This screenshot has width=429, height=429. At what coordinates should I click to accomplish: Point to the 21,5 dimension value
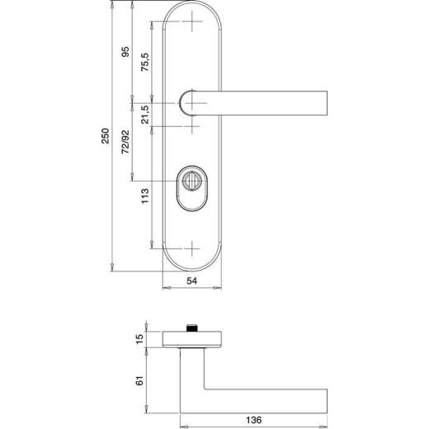click(144, 115)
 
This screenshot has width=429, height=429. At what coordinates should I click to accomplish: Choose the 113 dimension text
click(144, 197)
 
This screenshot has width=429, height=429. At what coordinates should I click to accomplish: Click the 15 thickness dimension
click(139, 337)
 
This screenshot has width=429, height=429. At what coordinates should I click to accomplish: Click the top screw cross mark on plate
click(192, 22)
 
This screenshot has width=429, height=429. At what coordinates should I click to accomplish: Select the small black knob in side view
click(193, 328)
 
